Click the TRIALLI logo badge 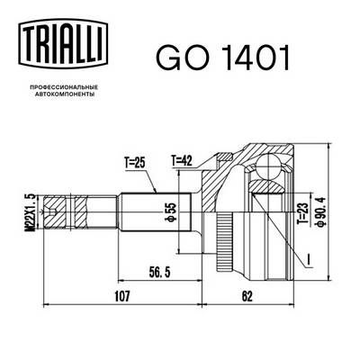63,42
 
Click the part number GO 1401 222,58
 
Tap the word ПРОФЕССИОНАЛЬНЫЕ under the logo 64,87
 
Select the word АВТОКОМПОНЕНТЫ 65,94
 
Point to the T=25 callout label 135,163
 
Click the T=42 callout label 182,161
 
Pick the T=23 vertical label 302,213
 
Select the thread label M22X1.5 31,212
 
